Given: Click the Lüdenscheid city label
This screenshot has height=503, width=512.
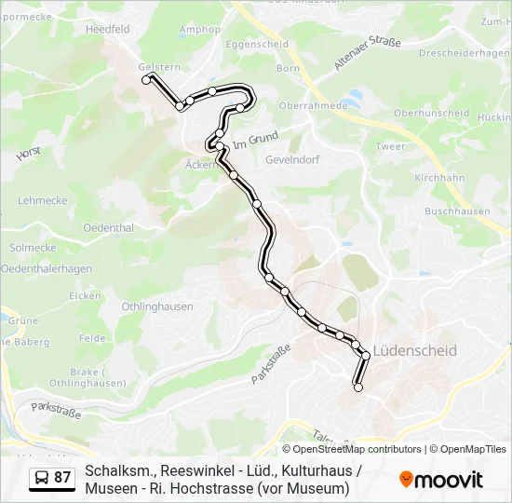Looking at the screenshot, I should point(414,351).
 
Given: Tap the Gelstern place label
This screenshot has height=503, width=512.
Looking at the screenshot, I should point(157,67).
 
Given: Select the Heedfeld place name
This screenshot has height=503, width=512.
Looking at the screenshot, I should point(107,30).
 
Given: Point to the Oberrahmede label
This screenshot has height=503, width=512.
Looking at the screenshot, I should point(316,105).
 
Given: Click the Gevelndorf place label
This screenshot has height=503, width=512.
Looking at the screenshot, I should point(292,159).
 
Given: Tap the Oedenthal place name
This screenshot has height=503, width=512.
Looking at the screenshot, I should point(108,227).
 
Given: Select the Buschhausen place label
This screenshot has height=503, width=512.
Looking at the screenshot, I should point(457,211).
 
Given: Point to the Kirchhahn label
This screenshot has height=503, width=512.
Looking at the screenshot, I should point(439,177).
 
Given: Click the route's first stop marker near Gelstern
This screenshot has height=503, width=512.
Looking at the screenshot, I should point(146,81).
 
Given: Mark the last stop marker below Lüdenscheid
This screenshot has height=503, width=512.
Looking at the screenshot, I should point(357,387).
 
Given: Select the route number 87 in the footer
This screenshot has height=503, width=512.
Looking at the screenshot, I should point(62,478).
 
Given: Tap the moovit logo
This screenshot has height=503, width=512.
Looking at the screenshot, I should point(441,480).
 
